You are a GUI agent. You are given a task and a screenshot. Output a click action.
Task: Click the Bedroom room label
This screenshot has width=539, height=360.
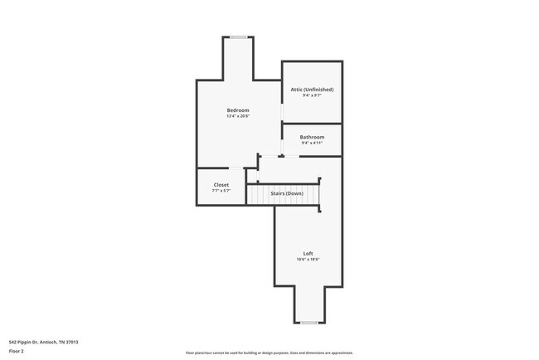(x=238, y=110)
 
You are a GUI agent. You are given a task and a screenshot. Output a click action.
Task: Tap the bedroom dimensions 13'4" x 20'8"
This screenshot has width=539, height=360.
(x=238, y=116)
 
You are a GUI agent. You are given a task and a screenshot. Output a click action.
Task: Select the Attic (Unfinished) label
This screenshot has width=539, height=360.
(x=312, y=89)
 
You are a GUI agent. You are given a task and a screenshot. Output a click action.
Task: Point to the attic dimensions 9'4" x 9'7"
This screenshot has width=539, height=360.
(x=312, y=95)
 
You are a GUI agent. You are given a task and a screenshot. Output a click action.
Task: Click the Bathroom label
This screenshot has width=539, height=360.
(x=312, y=137)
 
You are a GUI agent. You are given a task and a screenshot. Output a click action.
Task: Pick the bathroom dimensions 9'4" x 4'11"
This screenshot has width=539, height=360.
(x=312, y=143)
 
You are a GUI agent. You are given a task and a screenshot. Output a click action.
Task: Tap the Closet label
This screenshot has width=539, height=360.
(x=221, y=185)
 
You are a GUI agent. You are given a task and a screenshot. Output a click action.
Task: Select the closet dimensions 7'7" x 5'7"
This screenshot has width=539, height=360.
(x=221, y=191)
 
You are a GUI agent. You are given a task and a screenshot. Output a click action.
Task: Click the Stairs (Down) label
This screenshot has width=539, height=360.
(x=287, y=193)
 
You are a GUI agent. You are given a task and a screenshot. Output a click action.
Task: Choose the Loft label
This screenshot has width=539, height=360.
(x=308, y=253)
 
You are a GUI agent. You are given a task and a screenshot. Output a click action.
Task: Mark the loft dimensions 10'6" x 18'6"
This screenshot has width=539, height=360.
(x=308, y=260)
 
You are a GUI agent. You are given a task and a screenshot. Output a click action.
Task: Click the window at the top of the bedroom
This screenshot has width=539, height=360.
(x=239, y=36)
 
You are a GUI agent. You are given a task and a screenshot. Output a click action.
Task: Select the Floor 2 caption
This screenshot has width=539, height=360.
(x=17, y=351)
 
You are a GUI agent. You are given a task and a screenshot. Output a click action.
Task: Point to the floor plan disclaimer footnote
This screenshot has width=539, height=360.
(x=269, y=353)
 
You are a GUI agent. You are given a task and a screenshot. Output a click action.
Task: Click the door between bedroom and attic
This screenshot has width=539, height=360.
(x=282, y=113)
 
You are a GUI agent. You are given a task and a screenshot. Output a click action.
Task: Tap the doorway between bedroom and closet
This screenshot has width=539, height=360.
(x=236, y=168)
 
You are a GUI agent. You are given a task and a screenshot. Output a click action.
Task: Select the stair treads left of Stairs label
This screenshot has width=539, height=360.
(x=259, y=195)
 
